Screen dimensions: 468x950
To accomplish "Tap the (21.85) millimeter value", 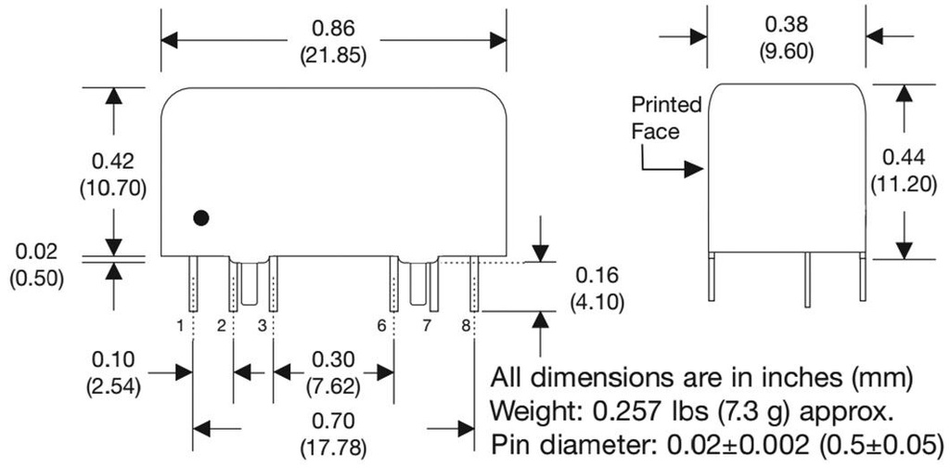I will tap(333, 54).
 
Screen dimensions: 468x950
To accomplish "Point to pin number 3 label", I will tap(262, 325).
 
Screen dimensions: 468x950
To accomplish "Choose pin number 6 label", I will tap(381, 325).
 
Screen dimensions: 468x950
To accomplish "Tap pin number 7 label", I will tap(427, 325).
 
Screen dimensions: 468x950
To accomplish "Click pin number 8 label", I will tap(466, 325).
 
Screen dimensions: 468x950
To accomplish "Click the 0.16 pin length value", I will tap(594, 276).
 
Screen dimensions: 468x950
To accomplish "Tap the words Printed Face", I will tap(666, 117).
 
